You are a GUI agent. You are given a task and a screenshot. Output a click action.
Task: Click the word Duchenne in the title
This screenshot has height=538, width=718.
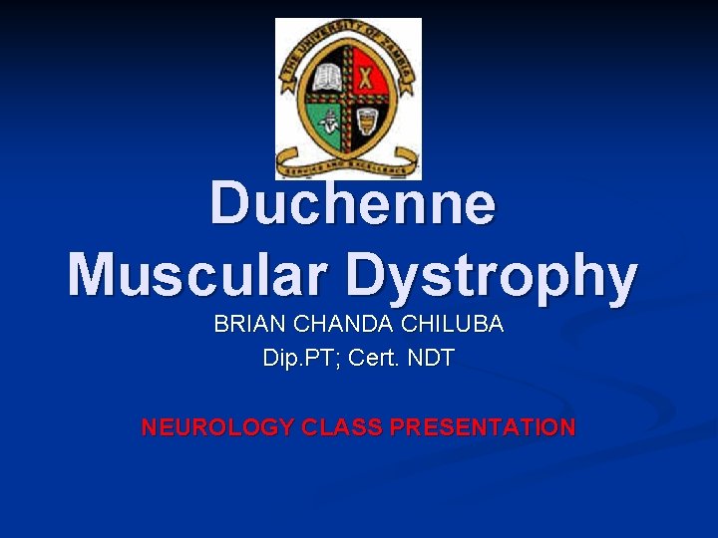click(352, 203)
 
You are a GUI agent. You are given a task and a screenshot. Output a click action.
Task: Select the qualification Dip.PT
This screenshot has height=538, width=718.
click(298, 358)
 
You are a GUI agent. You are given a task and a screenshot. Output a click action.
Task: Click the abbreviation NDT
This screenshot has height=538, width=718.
click(431, 358)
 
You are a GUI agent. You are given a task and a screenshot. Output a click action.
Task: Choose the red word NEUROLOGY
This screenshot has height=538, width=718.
click(218, 427)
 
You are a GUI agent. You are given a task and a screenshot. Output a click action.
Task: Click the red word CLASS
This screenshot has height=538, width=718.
click(343, 427)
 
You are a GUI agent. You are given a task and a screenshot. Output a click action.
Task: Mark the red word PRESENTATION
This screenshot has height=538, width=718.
click(483, 427)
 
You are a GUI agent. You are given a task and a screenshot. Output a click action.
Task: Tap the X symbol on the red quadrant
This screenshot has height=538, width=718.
click(368, 77)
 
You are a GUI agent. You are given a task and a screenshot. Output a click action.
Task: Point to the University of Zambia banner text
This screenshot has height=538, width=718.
click(348, 38)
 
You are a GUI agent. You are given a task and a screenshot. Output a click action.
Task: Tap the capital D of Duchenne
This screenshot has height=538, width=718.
click(231, 203)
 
